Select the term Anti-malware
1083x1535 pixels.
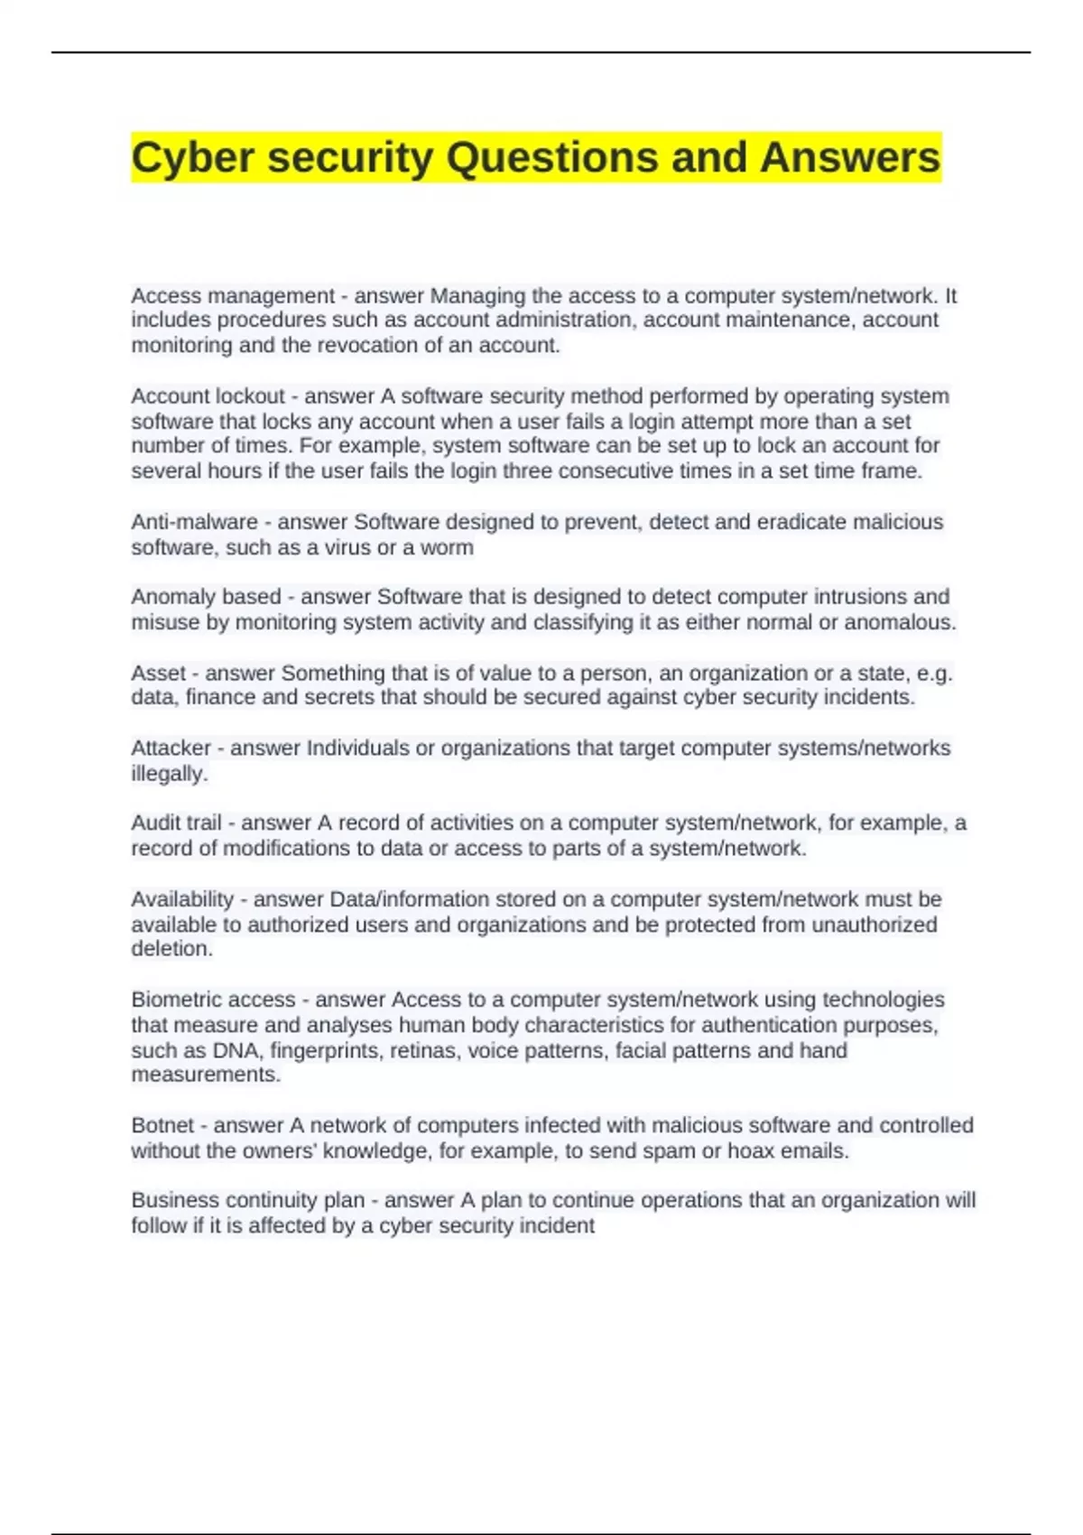[x=194, y=522]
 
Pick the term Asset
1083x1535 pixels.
[x=159, y=673]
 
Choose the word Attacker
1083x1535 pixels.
[x=171, y=748]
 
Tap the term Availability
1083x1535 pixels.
[x=182, y=899]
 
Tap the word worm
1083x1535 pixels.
[x=448, y=547]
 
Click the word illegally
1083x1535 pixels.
[x=169, y=774]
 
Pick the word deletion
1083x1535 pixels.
[x=171, y=949]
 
